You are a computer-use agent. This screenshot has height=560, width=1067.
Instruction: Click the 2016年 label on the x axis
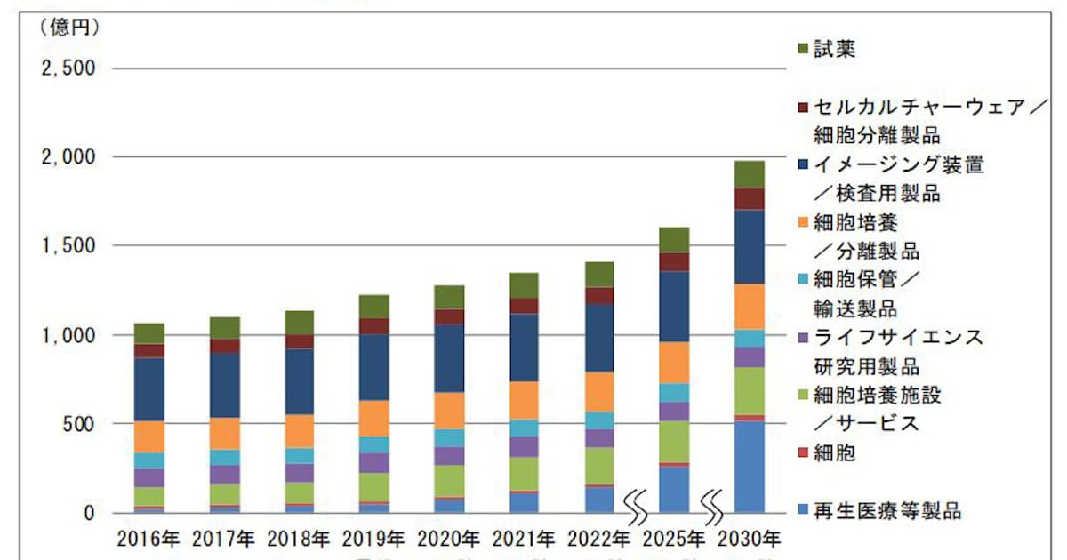click(149, 538)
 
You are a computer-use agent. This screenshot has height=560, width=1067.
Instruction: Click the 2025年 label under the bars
click(675, 538)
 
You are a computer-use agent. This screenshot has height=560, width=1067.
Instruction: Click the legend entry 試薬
click(836, 50)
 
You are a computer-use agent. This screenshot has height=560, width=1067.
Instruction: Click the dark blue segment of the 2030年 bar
click(750, 246)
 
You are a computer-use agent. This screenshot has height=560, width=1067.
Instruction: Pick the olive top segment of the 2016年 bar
click(149, 333)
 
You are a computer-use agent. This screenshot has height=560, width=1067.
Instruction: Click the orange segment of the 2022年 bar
click(599, 391)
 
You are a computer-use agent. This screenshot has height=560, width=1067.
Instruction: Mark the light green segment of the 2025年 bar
click(675, 441)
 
